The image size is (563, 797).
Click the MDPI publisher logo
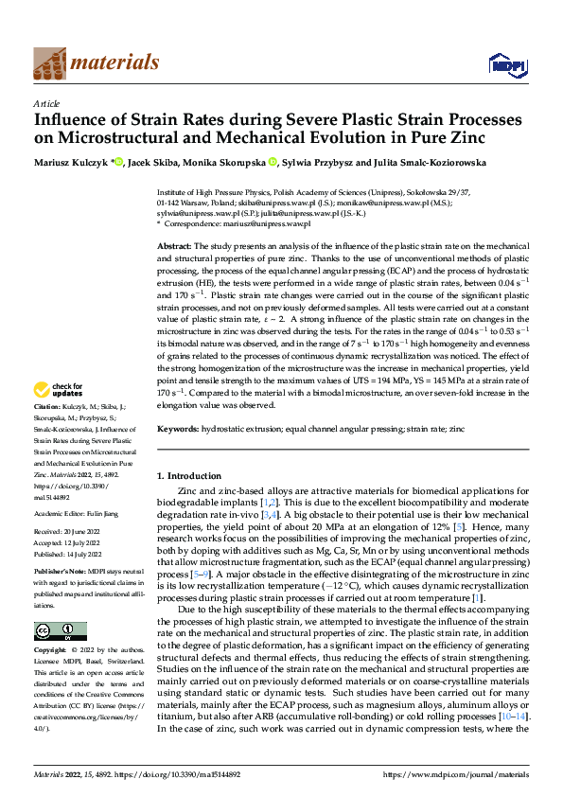[x=506, y=63]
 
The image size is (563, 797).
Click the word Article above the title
[x=46, y=103]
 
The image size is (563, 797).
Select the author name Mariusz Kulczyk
[x=70, y=163]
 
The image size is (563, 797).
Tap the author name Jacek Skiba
[x=154, y=163]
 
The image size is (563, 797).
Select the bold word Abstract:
[x=176, y=245]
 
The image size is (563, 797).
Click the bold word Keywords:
[x=178, y=429]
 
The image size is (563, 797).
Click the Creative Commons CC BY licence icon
[x=60, y=630]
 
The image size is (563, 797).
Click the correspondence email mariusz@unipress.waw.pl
[x=255, y=223]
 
